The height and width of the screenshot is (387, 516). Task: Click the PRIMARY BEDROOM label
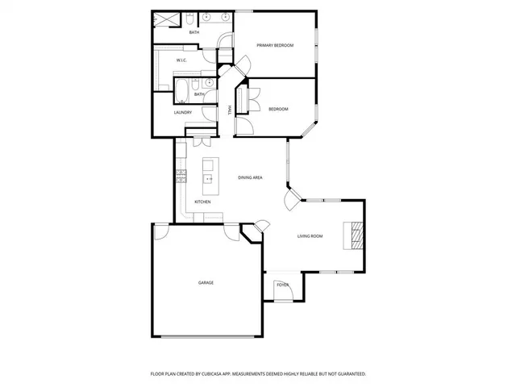point(274,46)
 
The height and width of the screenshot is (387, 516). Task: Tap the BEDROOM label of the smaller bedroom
point(277,109)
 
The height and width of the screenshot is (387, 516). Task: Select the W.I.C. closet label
point(182,60)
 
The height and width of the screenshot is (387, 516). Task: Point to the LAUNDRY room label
point(183,112)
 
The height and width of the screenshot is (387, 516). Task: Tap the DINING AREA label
point(250,177)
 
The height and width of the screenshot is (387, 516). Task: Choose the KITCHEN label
point(202,202)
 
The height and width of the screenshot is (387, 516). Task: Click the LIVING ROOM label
point(310,235)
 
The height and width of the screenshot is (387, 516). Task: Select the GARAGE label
point(206,282)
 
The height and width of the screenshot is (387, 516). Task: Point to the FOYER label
point(282,285)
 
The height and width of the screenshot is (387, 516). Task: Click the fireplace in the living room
point(354,235)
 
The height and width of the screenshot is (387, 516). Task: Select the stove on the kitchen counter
point(182,173)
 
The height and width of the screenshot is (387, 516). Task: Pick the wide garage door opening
point(207,335)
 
